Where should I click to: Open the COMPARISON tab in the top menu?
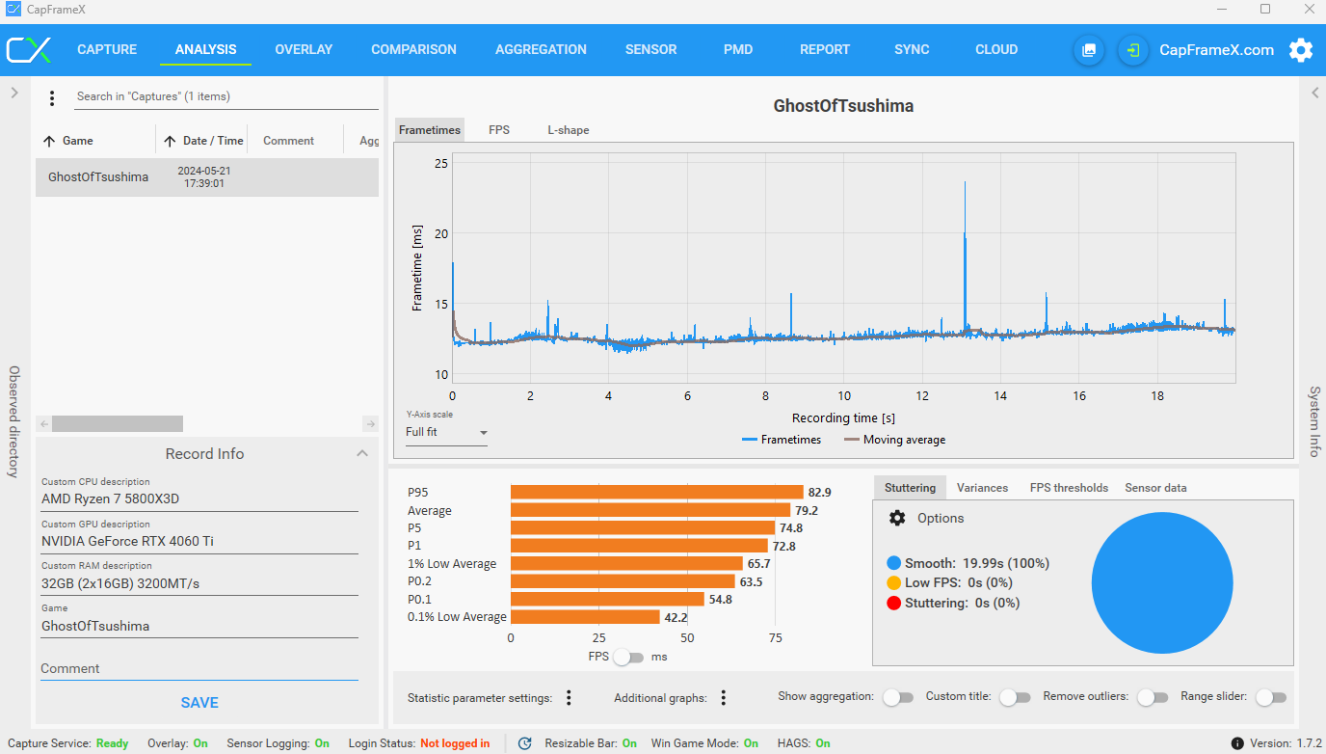pos(413,50)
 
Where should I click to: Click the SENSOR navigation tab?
pos(650,50)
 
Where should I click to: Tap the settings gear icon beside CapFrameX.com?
pos(1301,50)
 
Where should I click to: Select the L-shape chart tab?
pos(568,130)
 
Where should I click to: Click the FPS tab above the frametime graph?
pos(499,130)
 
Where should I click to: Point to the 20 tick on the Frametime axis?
pos(441,233)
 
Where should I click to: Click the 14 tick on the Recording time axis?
pos(1000,395)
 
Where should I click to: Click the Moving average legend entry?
pos(894,440)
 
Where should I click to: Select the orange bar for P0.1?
pos(607,599)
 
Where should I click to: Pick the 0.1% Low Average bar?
pos(585,617)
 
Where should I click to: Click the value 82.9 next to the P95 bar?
pos(819,492)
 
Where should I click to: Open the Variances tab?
pos(982,488)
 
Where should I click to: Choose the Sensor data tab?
pos(1155,488)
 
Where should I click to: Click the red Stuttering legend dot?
pos(894,603)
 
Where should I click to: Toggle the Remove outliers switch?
pos(1153,697)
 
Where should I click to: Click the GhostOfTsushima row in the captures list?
pos(207,177)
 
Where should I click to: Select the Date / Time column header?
pos(213,141)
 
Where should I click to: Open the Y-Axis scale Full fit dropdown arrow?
pos(484,433)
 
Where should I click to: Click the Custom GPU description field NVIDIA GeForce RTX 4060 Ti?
pos(199,541)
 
